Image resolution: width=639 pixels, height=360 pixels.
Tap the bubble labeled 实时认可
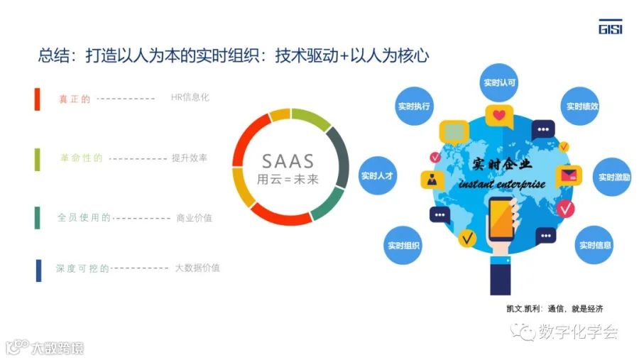point(499,83)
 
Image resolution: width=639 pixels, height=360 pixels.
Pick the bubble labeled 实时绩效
point(582,107)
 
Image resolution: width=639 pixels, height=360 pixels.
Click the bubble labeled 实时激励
point(613,177)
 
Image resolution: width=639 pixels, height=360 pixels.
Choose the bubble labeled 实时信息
point(595,246)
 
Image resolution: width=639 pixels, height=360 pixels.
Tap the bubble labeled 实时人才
point(376,175)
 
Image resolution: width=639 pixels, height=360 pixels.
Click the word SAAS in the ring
point(288,160)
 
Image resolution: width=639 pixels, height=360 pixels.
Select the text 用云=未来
point(288,179)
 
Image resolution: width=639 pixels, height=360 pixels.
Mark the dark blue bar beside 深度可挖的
point(38,270)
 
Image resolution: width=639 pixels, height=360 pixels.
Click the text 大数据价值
point(197,268)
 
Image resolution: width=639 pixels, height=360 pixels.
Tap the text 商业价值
point(194,218)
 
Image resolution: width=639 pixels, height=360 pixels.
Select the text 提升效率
point(189,158)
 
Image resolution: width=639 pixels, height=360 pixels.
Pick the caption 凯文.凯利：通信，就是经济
point(555,309)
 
